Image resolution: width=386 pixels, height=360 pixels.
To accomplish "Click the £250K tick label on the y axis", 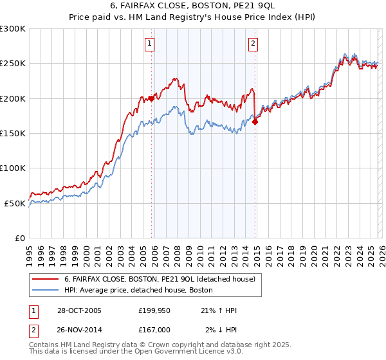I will click(x=13, y=64).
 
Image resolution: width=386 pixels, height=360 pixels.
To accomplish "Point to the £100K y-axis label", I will click(x=13, y=168).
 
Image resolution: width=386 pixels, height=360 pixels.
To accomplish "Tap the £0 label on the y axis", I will click(x=20, y=238).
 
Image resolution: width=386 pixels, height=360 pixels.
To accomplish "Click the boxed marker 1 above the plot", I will click(x=150, y=44).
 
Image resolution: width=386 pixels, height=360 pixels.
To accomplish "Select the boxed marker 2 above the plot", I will click(x=253, y=44).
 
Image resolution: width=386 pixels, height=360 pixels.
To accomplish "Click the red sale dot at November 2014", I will click(x=255, y=121).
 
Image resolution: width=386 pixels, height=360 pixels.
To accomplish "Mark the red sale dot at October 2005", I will click(x=152, y=98).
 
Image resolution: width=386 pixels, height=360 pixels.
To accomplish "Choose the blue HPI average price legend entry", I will click(x=142, y=290).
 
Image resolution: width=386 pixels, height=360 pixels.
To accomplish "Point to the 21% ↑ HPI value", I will click(x=218, y=310).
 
